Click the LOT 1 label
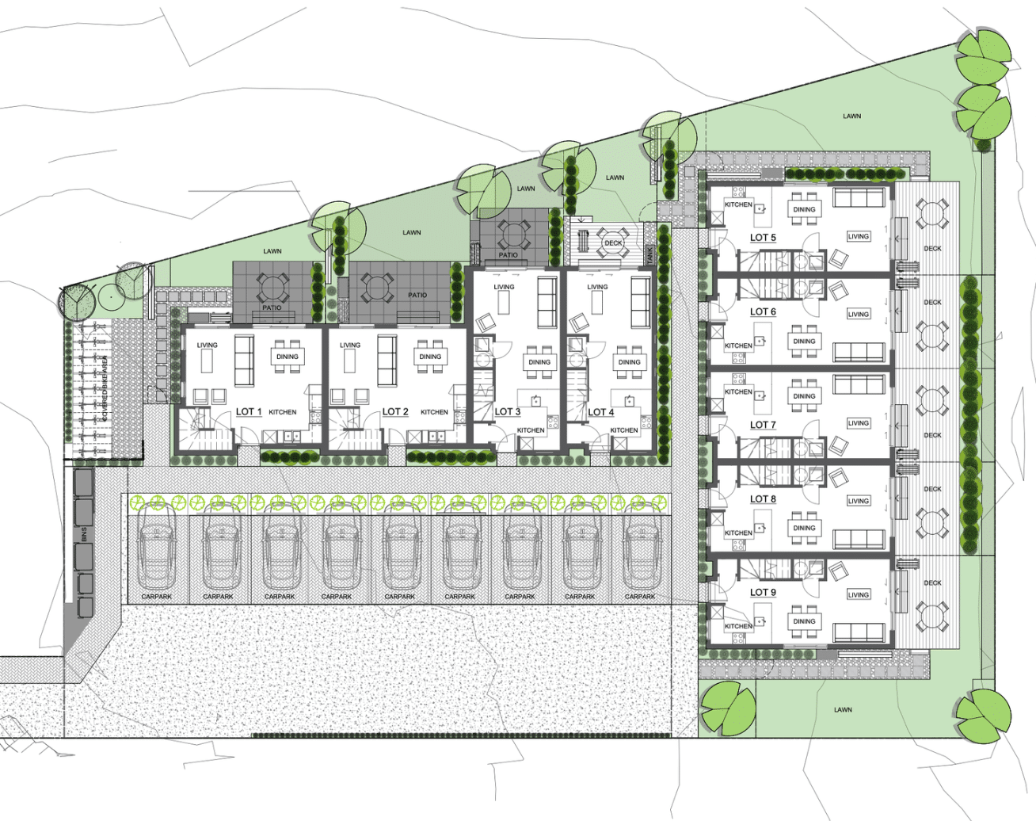coord(249,411)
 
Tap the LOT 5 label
coord(763,238)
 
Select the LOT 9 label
coord(763,592)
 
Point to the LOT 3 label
coord(508,411)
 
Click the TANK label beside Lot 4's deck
coord(649,255)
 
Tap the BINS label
coord(84,534)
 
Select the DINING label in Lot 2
coord(430,357)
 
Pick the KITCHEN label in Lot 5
coord(738,204)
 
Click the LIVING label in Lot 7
coord(859,423)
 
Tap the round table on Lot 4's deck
coord(613,242)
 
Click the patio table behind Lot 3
coord(513,235)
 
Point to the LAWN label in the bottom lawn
coord(843,710)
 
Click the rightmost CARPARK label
coord(640,597)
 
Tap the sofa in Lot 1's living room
coord(244,361)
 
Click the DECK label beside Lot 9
coord(932,583)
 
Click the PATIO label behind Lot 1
coord(272,307)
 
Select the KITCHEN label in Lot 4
coord(624,430)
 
